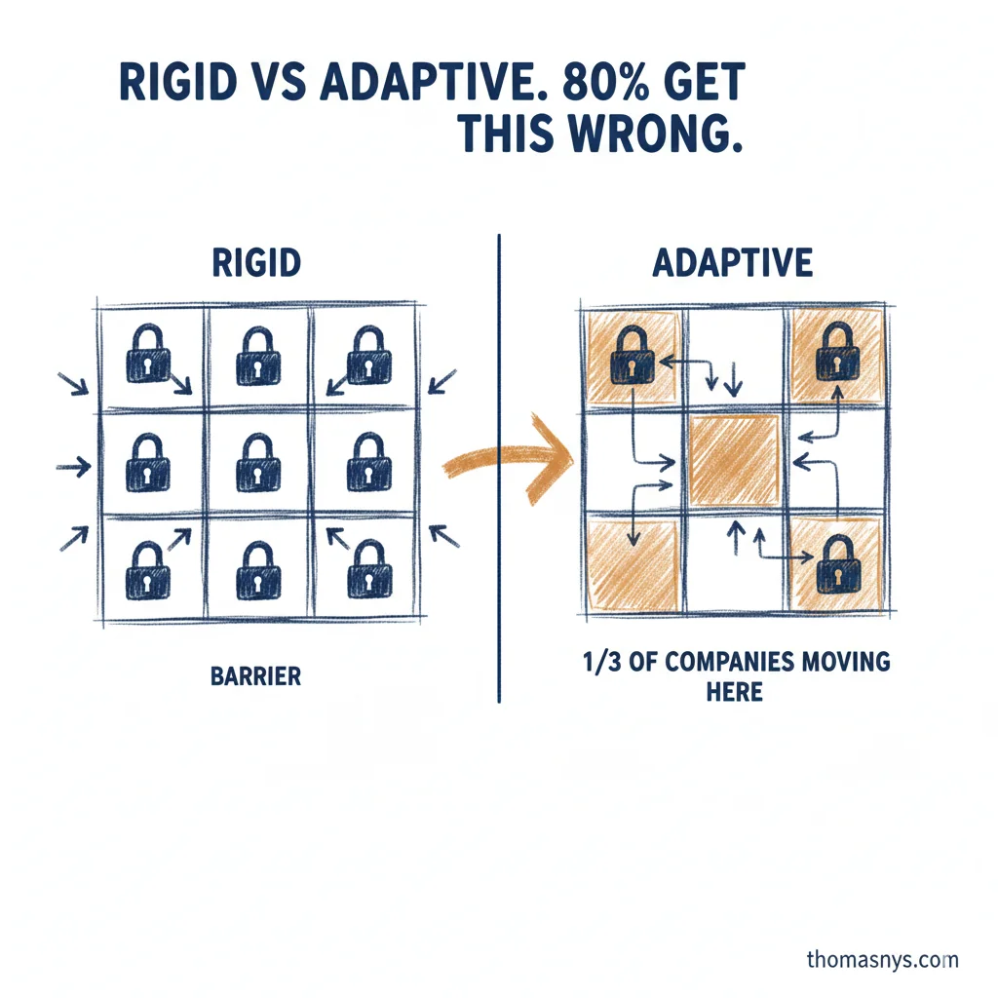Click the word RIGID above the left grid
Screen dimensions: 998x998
pyautogui.click(x=256, y=263)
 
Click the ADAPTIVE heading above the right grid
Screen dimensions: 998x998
pyautogui.click(x=732, y=263)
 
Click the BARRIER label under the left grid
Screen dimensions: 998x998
pyautogui.click(x=255, y=676)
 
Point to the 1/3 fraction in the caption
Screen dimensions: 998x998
pyautogui.click(x=597, y=663)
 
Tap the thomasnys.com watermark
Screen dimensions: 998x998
pyautogui.click(x=882, y=960)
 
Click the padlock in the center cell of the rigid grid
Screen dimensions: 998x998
pyautogui.click(x=256, y=462)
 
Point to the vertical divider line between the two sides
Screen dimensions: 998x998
pyautogui.click(x=499, y=468)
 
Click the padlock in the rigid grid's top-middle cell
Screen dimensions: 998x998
pyautogui.click(x=256, y=356)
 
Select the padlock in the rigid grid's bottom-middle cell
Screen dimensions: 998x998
pyautogui.click(x=256, y=570)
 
